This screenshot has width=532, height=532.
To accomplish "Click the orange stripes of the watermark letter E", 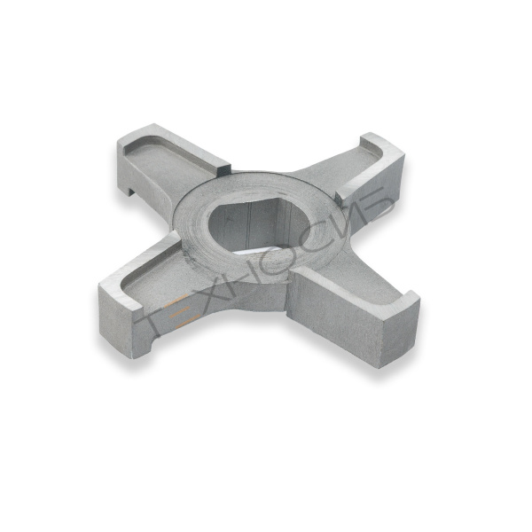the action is (x=178, y=311).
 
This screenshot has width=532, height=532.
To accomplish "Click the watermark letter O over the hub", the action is (x=289, y=258).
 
